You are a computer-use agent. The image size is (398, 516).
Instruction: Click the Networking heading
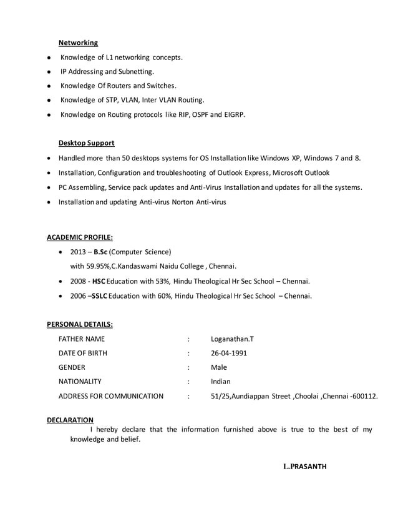[x=78, y=43]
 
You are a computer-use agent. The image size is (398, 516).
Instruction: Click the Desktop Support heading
[x=86, y=143]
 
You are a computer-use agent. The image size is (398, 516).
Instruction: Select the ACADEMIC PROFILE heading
[x=80, y=237]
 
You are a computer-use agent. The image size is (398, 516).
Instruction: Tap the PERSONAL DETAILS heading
[x=80, y=324]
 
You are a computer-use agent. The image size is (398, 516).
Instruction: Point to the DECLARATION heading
[x=70, y=420]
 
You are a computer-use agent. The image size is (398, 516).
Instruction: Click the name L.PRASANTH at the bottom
[x=304, y=467]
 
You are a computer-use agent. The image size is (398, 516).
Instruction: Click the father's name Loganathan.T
[x=232, y=339]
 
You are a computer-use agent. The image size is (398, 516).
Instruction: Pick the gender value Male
[x=219, y=367]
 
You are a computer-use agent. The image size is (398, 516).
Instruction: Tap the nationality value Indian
[x=221, y=381]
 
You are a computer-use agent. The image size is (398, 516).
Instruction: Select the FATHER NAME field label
[x=82, y=339]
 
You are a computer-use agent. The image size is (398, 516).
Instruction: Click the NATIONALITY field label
[x=80, y=381]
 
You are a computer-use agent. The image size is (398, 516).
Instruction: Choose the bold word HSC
[x=99, y=280]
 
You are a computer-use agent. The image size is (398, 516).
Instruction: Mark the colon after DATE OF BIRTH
[x=188, y=354]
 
